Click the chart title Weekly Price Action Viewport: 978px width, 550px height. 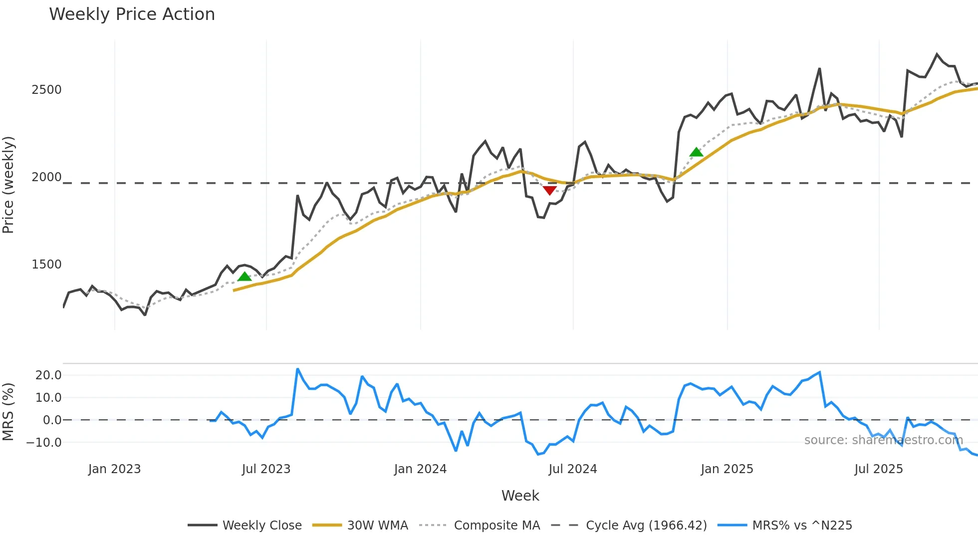click(132, 14)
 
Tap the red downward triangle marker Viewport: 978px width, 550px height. click(549, 190)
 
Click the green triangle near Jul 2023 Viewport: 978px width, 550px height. click(244, 276)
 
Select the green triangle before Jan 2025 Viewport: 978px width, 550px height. click(696, 152)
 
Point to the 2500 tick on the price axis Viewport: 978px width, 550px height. click(46, 90)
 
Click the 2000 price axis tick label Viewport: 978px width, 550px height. click(46, 177)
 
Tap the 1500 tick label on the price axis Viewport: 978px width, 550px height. click(46, 265)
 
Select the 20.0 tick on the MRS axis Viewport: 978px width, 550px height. click(48, 375)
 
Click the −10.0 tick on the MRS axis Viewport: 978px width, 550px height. click(44, 443)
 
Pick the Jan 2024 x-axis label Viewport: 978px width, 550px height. click(420, 469)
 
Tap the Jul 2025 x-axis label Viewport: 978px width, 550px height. click(879, 469)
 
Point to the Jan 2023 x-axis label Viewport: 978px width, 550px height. click(114, 469)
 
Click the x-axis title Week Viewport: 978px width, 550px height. click(520, 496)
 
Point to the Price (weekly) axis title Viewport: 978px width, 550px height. click(8, 185)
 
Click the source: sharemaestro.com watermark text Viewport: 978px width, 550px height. click(883, 440)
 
